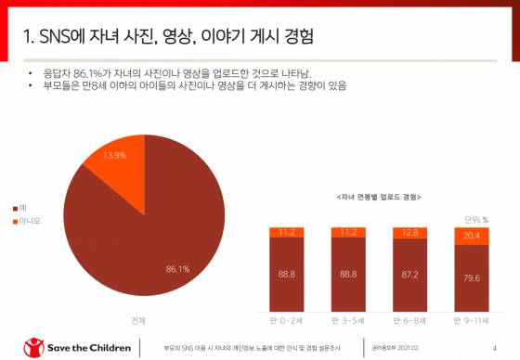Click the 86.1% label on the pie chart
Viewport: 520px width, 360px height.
[x=178, y=268]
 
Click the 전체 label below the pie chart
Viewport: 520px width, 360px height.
[x=138, y=321]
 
